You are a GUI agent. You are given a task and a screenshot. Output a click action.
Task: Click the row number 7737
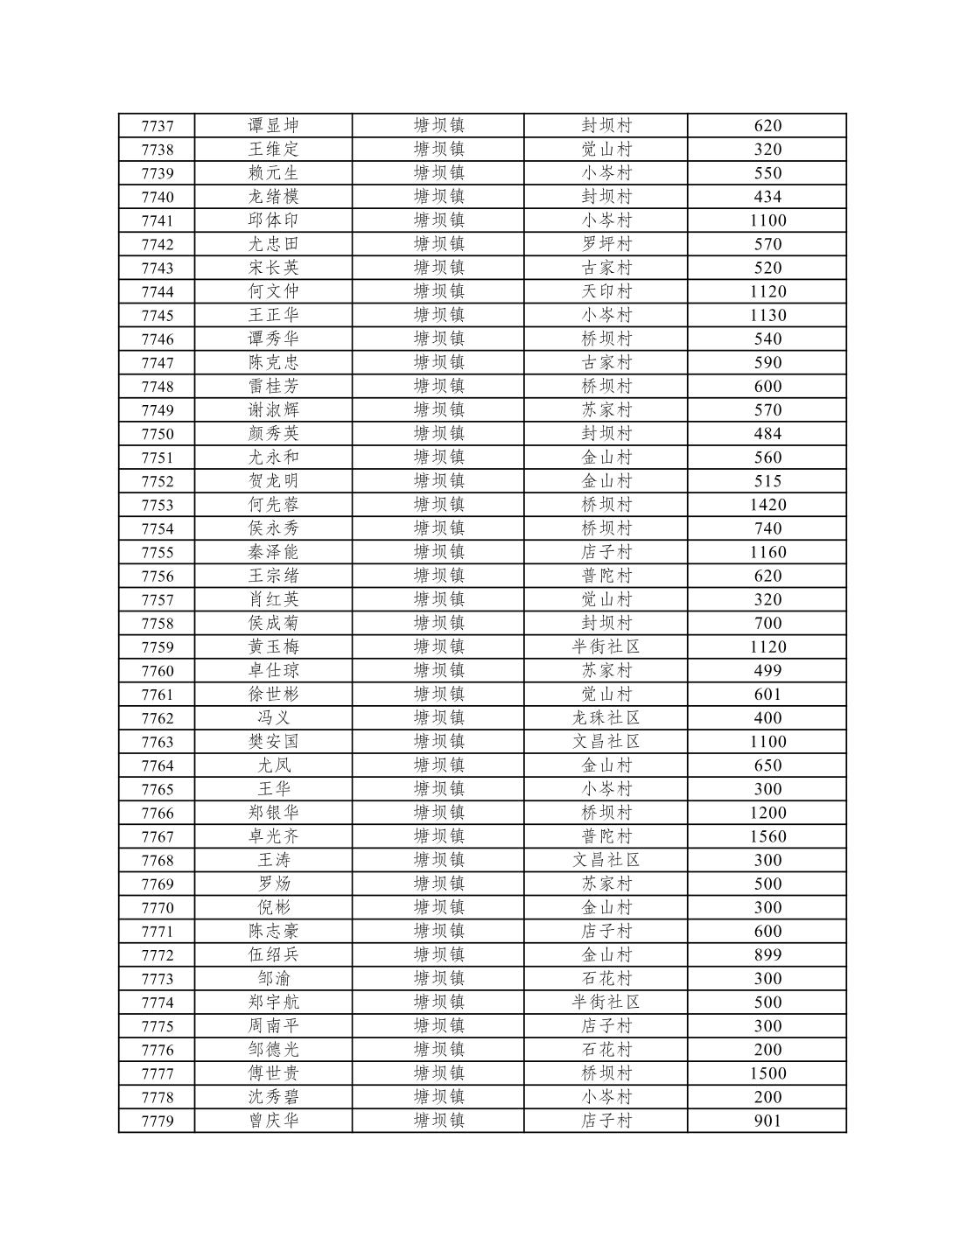pyautogui.click(x=158, y=126)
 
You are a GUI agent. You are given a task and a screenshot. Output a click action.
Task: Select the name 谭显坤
pyautogui.click(x=274, y=126)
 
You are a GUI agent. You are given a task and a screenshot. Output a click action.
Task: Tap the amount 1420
pyautogui.click(x=767, y=505)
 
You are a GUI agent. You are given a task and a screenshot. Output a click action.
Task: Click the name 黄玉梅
pyautogui.click(x=274, y=646)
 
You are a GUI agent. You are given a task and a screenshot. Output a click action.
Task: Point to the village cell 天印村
pyautogui.click(x=606, y=291)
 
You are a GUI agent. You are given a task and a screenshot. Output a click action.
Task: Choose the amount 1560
pyautogui.click(x=767, y=836)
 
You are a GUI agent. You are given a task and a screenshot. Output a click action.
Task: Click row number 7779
pyautogui.click(x=158, y=1121)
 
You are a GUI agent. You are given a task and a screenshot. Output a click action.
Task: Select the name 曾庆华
pyautogui.click(x=274, y=1121)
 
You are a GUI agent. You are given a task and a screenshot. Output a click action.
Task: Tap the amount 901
pyautogui.click(x=767, y=1121)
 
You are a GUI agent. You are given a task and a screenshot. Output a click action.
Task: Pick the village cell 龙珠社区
pyautogui.click(x=606, y=718)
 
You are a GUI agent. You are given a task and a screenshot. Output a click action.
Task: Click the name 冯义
pyautogui.click(x=274, y=718)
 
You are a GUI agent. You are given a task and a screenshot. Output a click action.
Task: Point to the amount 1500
pyautogui.click(x=767, y=1073)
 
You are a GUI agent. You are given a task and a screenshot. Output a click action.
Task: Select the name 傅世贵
pyautogui.click(x=274, y=1073)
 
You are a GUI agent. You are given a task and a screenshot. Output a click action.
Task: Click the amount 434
pyautogui.click(x=767, y=197)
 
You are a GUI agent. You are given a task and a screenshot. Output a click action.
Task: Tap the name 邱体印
pyautogui.click(x=274, y=220)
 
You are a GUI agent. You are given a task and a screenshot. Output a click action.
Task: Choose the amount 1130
pyautogui.click(x=767, y=315)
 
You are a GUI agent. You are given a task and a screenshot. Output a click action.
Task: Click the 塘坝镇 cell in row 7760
pyautogui.click(x=438, y=671)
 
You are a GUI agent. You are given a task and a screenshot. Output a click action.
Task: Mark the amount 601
pyautogui.click(x=767, y=695)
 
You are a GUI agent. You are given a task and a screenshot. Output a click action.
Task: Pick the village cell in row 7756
pyautogui.click(x=606, y=576)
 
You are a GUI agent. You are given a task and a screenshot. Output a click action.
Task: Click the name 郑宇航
pyautogui.click(x=274, y=1003)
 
